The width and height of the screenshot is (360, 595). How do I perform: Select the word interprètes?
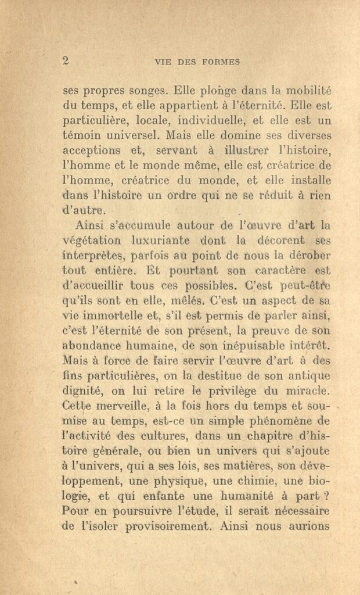point(93,256)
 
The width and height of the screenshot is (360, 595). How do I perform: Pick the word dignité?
point(85,392)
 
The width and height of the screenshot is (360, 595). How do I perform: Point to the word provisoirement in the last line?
point(161,528)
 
